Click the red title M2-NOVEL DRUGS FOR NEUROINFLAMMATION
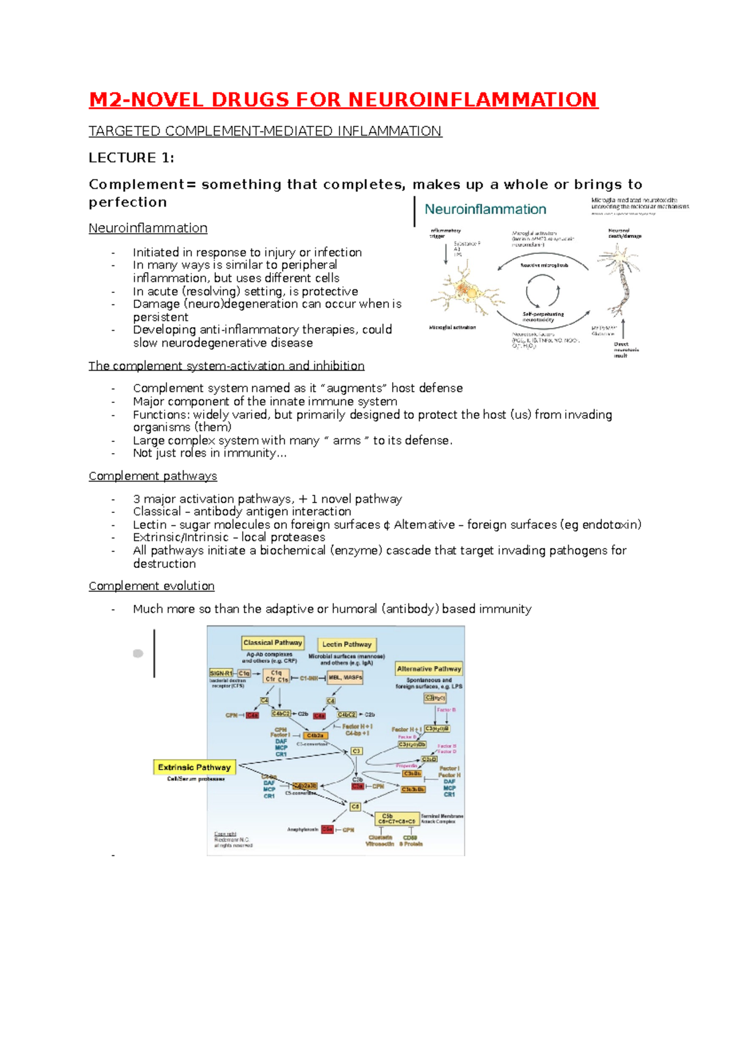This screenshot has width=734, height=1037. (x=343, y=100)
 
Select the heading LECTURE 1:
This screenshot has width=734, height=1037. (x=131, y=158)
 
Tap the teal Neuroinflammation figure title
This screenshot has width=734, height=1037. (x=485, y=209)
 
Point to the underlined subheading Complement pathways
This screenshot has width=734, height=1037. (x=152, y=476)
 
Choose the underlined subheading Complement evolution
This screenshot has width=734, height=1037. (x=151, y=586)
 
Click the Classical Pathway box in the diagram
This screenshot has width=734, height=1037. (x=273, y=643)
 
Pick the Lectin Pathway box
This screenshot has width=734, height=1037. (x=347, y=644)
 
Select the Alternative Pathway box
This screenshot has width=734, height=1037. (x=429, y=669)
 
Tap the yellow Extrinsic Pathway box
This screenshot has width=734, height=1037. (x=194, y=767)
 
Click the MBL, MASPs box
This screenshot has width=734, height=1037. (x=346, y=677)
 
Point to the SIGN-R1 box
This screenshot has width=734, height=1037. (x=221, y=673)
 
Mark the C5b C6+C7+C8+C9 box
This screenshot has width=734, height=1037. (x=396, y=819)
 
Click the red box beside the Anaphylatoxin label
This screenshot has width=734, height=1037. (x=327, y=830)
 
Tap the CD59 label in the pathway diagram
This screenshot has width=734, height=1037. (x=410, y=838)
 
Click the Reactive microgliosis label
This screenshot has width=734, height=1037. (x=544, y=265)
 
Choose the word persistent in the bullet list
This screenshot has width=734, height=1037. (x=160, y=317)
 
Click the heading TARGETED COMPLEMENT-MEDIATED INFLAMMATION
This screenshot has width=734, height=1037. (x=265, y=131)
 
